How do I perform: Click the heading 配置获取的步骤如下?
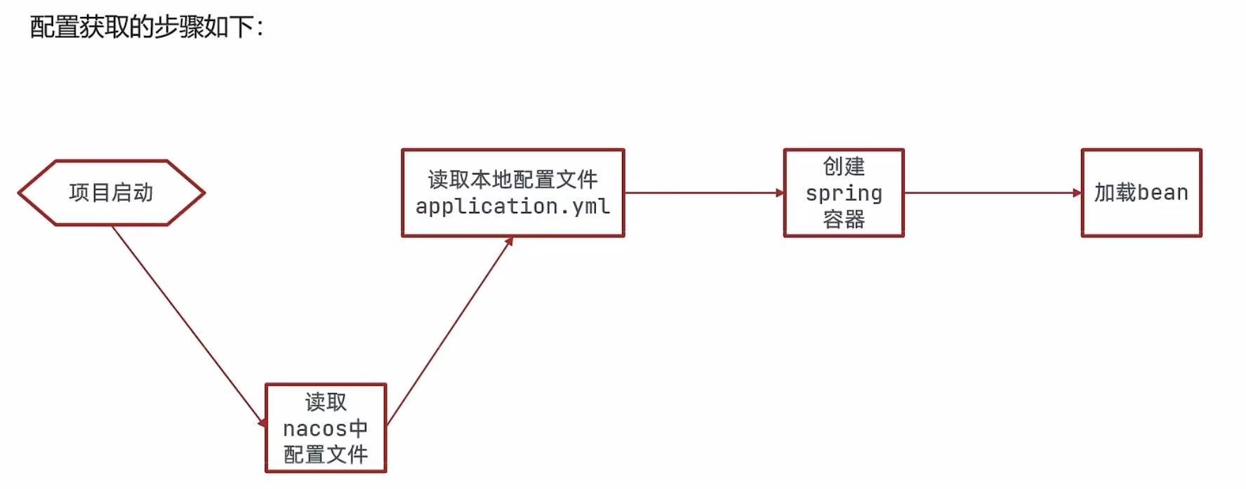(x=146, y=27)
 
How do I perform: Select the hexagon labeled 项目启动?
(x=111, y=193)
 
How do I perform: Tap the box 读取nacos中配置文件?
(x=326, y=428)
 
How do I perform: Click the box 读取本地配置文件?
(x=512, y=192)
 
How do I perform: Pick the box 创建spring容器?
(x=843, y=193)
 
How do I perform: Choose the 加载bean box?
(x=1141, y=193)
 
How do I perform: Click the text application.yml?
(x=512, y=206)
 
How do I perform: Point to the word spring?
(x=843, y=193)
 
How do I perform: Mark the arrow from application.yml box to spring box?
(x=702, y=193)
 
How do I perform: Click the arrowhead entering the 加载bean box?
(x=1078, y=193)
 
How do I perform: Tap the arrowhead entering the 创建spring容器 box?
(x=779, y=193)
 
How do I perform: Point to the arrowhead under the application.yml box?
(x=510, y=241)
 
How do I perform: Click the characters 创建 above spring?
(x=843, y=167)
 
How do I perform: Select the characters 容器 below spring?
(x=843, y=220)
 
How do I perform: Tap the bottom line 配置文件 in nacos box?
(x=326, y=455)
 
